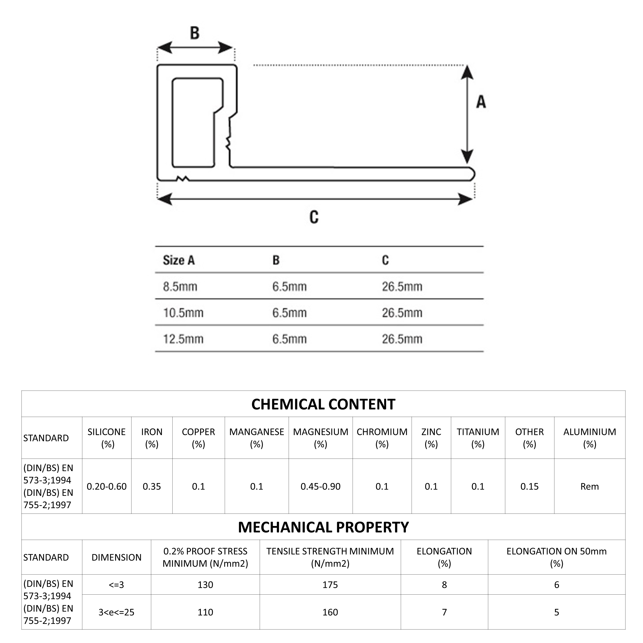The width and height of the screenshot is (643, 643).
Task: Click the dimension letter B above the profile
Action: pyautogui.click(x=195, y=33)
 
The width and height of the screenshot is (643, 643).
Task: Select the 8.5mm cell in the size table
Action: pyautogui.click(x=180, y=287)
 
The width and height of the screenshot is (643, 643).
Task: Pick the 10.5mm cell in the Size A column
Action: pyautogui.click(x=183, y=313)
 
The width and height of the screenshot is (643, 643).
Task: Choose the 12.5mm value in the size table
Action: pyautogui.click(x=183, y=339)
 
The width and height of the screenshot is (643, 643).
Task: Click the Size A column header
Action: pyautogui.click(x=179, y=260)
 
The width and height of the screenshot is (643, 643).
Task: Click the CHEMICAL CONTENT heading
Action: pyautogui.click(x=323, y=404)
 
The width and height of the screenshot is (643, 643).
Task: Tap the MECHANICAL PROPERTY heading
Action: pyautogui.click(x=323, y=527)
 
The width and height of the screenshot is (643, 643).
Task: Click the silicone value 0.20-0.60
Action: pyautogui.click(x=106, y=487)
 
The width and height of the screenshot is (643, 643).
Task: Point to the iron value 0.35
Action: pyautogui.click(x=152, y=487)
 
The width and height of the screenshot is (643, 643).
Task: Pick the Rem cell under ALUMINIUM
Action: pyautogui.click(x=589, y=487)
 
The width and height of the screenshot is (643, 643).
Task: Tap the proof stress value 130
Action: pyautogui.click(x=205, y=585)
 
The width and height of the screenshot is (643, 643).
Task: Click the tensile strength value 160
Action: pyautogui.click(x=330, y=612)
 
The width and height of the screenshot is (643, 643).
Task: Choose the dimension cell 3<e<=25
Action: pyautogui.click(x=116, y=612)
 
